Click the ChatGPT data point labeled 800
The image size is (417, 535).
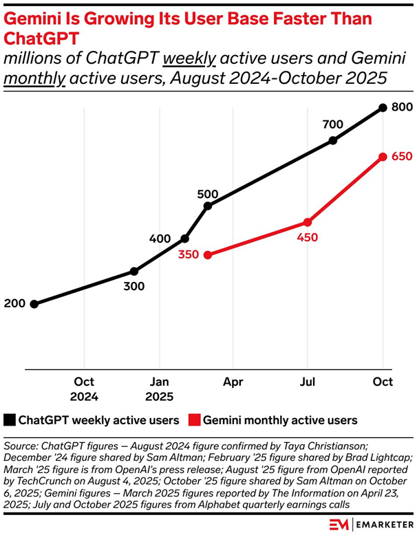pos(383,108)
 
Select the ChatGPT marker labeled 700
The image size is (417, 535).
pos(333,140)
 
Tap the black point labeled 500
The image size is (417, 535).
pos(208,206)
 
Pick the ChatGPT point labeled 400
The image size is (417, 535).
pos(184,239)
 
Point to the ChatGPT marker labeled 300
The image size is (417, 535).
pos(134,272)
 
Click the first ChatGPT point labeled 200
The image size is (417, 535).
pos(34,304)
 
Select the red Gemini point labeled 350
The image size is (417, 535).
pos(208,254)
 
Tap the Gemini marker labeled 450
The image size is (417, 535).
pos(308,222)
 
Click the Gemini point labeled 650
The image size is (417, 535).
pos(383,157)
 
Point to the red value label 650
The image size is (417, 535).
pos(402,157)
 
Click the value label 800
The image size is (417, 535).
pos(402,108)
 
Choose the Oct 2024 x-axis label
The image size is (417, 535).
pos(84,389)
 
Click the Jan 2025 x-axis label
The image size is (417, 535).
pos(160,389)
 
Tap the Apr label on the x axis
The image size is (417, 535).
pos(233,382)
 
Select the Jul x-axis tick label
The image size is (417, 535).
pos(308,382)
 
